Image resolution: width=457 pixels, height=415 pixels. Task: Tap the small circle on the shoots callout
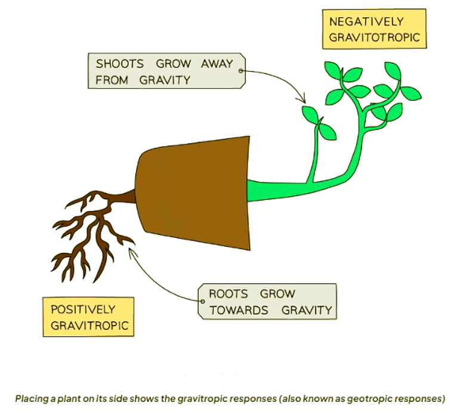tap(241, 71)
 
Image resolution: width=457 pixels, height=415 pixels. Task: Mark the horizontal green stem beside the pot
tap(280, 190)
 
